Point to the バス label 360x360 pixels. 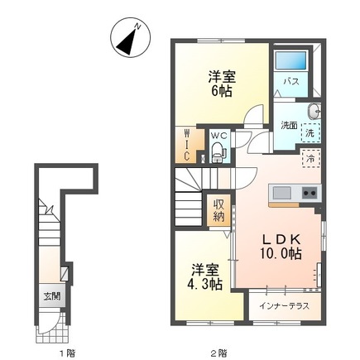click(291, 82)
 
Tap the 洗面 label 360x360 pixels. click(288, 127)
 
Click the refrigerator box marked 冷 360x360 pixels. click(310, 159)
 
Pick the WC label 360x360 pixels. click(218, 136)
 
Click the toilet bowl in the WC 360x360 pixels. click(218, 151)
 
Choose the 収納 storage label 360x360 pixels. click(218, 210)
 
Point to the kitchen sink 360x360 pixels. click(282, 193)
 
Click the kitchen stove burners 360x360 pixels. click(309, 193)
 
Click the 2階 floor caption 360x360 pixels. click(218, 353)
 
